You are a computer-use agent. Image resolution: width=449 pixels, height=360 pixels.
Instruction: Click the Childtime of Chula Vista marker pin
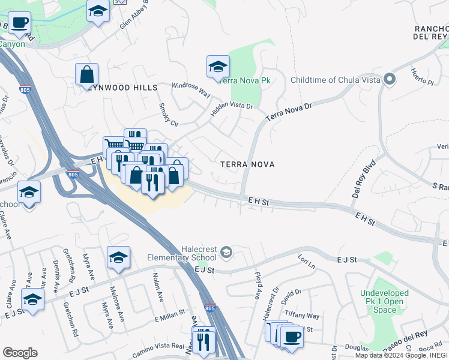[389, 80]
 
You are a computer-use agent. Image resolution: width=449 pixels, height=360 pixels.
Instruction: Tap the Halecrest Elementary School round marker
[226, 251]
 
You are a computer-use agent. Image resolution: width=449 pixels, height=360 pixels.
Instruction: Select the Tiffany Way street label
[303, 316]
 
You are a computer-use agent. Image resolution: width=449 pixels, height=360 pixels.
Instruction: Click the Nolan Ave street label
[158, 287]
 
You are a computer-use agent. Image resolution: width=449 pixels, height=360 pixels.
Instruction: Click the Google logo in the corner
[20, 353]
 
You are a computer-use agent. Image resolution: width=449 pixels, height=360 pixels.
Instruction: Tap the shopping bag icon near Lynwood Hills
[87, 74]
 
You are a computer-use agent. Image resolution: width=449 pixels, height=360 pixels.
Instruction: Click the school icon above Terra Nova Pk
[218, 67]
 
